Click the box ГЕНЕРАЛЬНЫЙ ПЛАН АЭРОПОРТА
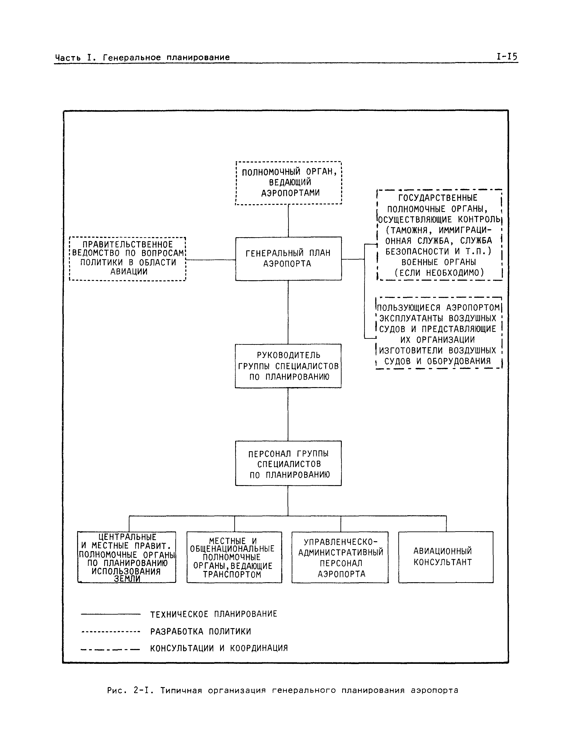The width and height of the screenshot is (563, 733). [x=288, y=258]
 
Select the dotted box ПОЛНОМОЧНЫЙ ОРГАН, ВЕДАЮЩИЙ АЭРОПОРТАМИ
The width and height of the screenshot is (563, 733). [x=289, y=183]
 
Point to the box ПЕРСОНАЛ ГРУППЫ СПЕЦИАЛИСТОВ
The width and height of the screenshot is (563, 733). [x=288, y=464]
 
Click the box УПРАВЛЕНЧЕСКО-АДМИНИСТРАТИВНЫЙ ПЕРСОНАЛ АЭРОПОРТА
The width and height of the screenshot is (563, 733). [x=340, y=557]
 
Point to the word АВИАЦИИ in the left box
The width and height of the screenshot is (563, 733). [x=129, y=271]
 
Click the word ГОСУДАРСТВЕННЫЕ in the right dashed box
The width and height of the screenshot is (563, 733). [x=438, y=198]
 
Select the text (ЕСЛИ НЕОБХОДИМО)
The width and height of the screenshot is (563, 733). [x=439, y=273]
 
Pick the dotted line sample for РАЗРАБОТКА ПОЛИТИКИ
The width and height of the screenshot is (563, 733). [x=111, y=632]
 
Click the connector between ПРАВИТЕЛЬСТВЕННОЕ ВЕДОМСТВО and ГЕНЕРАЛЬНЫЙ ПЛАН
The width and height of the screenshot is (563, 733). [x=210, y=259]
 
